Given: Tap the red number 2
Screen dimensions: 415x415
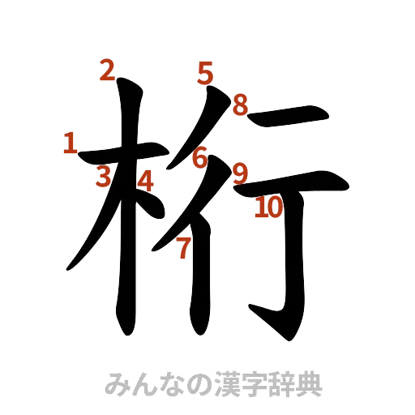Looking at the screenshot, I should [106, 72].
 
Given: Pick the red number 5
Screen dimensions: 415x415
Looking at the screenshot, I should [204, 74].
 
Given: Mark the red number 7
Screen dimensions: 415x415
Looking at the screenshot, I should [184, 248].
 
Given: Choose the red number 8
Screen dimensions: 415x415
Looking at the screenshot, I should [240, 105].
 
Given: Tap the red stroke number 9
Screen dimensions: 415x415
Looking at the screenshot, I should [240, 173].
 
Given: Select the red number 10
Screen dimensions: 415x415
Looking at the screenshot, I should [267, 208].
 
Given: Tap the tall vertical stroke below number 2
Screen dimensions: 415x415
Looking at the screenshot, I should [126, 227].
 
